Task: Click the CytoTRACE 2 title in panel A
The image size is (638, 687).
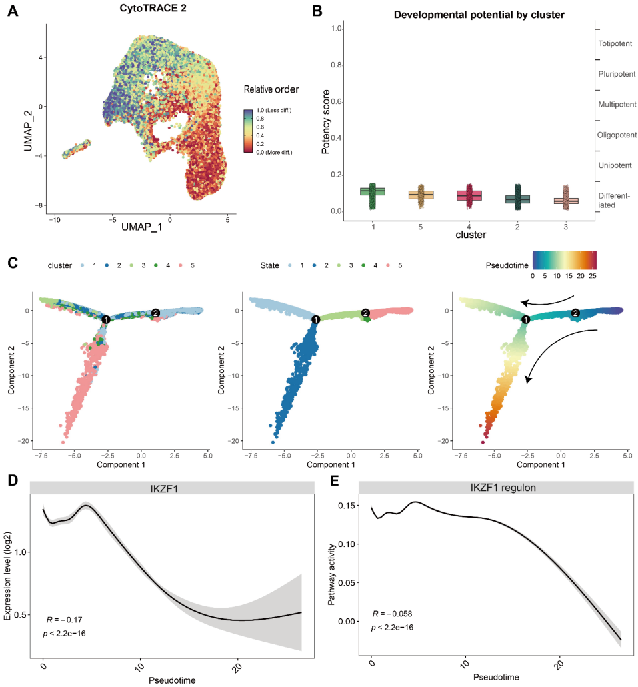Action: (x=153, y=8)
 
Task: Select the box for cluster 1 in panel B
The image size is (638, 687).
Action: (x=373, y=191)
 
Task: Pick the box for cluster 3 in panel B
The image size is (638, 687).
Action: (x=565, y=201)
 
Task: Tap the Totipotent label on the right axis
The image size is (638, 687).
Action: (x=615, y=43)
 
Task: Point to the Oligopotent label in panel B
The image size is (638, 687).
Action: (x=617, y=135)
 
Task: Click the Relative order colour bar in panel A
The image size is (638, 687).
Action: (x=248, y=131)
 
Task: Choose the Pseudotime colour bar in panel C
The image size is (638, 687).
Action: (x=565, y=260)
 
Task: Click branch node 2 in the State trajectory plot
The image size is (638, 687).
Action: (x=365, y=313)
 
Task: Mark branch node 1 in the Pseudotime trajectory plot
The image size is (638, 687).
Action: (x=525, y=319)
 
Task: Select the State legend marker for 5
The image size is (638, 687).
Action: (x=388, y=265)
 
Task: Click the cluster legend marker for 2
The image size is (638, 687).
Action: (x=107, y=265)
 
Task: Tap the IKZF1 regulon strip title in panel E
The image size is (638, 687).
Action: (x=503, y=488)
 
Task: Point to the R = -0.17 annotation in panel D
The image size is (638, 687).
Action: (x=64, y=620)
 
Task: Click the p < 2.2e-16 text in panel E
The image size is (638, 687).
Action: (x=393, y=628)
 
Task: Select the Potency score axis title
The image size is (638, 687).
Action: (x=325, y=122)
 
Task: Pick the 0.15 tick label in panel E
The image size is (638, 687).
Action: (x=347, y=506)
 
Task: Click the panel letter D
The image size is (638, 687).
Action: (x=13, y=480)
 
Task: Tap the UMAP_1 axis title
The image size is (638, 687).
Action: (x=141, y=227)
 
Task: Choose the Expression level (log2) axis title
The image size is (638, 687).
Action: (x=7, y=576)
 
